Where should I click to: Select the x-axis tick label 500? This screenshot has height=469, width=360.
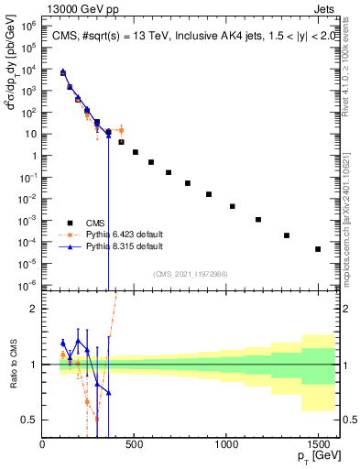tap(135, 445)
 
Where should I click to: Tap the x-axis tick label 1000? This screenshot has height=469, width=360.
tap(226, 445)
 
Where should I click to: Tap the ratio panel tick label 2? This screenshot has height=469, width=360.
tap(32, 309)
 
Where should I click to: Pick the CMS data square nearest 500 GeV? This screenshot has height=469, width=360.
tap(136, 152)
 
